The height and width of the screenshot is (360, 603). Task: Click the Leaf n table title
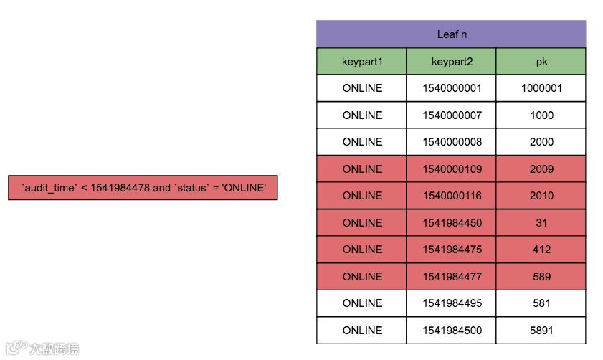click(452, 34)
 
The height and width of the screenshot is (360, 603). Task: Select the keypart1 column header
click(362, 62)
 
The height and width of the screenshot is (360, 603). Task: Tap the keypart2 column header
click(452, 62)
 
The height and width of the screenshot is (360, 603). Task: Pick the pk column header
click(541, 62)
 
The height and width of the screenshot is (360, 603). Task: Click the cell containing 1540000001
click(452, 88)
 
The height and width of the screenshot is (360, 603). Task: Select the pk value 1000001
click(541, 88)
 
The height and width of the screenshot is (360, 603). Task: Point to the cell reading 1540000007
click(452, 115)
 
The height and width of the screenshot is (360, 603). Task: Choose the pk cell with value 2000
click(541, 142)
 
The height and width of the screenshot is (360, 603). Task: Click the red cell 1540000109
click(452, 169)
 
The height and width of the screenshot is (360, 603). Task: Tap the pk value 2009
click(541, 169)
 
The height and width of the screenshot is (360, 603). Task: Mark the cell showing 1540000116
click(452, 196)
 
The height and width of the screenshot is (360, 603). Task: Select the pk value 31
click(541, 223)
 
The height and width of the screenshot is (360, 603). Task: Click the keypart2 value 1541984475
click(452, 250)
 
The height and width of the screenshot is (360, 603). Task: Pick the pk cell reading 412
click(541, 250)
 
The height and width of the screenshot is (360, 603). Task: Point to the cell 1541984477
click(452, 277)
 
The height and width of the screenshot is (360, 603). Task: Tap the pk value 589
click(541, 277)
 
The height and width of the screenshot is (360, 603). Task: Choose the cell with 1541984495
click(452, 303)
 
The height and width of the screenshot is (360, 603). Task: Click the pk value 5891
click(541, 331)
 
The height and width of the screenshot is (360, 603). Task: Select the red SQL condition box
click(143, 188)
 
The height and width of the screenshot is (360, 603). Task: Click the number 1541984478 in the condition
click(120, 188)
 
